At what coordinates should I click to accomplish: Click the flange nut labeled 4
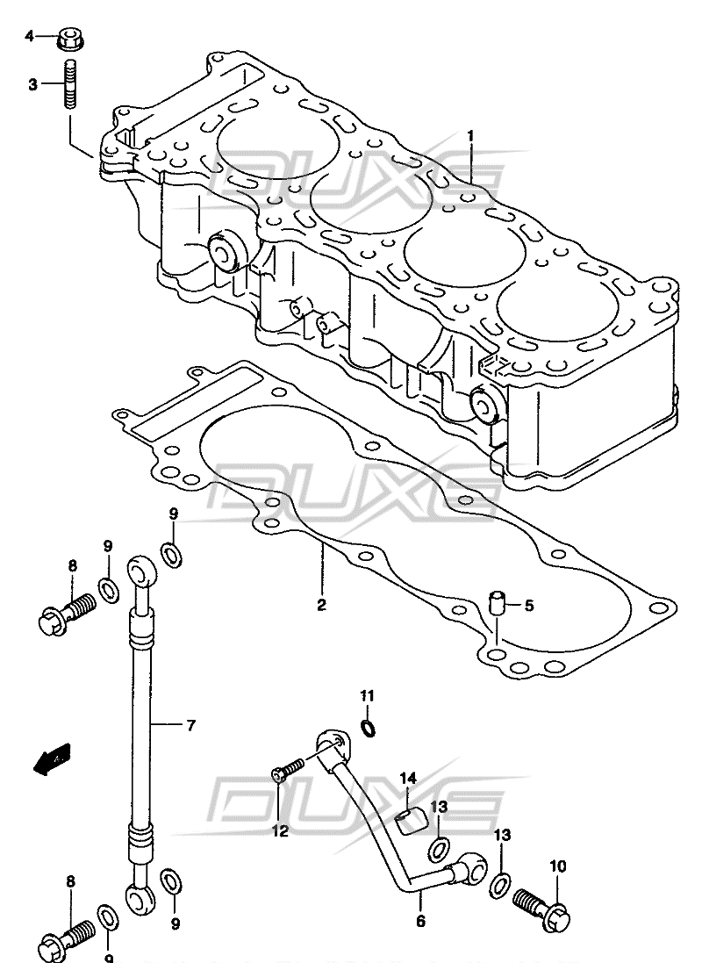pyautogui.click(x=70, y=40)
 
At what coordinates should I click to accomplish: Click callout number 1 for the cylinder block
pyautogui.click(x=470, y=136)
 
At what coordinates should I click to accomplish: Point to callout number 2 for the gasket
pyautogui.click(x=320, y=606)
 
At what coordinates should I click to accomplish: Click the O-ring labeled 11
pyautogui.click(x=368, y=728)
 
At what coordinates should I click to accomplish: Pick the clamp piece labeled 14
pyautogui.click(x=408, y=821)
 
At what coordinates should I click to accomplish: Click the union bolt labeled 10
pyautogui.click(x=543, y=903)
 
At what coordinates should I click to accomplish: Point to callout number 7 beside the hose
pyautogui.click(x=190, y=726)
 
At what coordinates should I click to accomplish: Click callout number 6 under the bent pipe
pyautogui.click(x=420, y=921)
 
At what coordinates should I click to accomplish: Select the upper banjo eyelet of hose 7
pyautogui.click(x=142, y=570)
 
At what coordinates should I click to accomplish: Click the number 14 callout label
pyautogui.click(x=408, y=779)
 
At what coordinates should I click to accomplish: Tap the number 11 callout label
pyautogui.click(x=368, y=696)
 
